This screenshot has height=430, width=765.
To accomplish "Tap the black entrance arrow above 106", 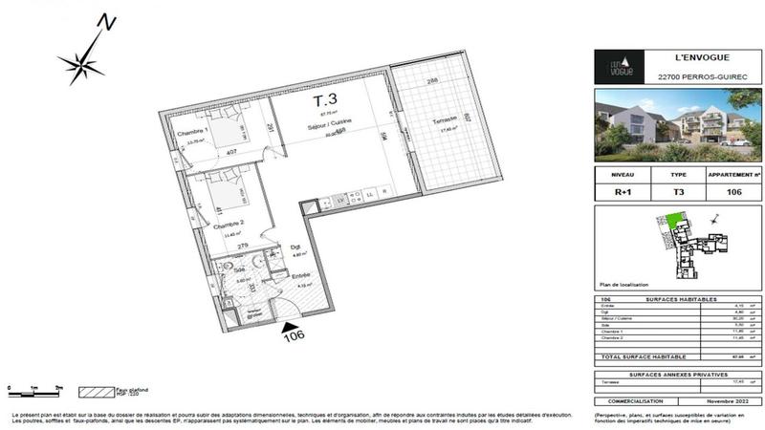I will (x=293, y=327).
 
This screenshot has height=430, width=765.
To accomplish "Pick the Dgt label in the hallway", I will (x=296, y=248).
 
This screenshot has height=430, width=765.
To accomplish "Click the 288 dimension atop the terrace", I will (x=431, y=81).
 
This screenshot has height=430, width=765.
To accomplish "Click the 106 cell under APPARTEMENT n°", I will (x=734, y=192).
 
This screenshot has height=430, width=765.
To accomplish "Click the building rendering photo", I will (x=678, y=124).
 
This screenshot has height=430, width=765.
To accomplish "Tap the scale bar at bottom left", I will (x=33, y=392).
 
